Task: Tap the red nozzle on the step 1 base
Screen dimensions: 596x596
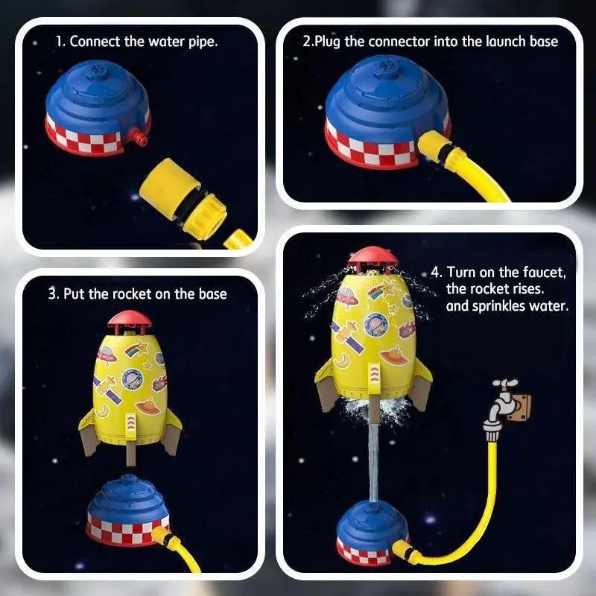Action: click(x=139, y=137)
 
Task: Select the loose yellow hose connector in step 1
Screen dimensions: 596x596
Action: click(x=183, y=199)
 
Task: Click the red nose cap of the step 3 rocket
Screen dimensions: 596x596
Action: click(x=130, y=320)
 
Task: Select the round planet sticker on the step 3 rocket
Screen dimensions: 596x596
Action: click(x=132, y=380)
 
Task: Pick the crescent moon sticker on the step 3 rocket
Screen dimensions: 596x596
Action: click(x=102, y=410)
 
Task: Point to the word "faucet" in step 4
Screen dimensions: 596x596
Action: click(x=545, y=272)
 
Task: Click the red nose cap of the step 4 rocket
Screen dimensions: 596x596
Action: click(x=373, y=256)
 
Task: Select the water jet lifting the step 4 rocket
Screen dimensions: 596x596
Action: click(x=374, y=462)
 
